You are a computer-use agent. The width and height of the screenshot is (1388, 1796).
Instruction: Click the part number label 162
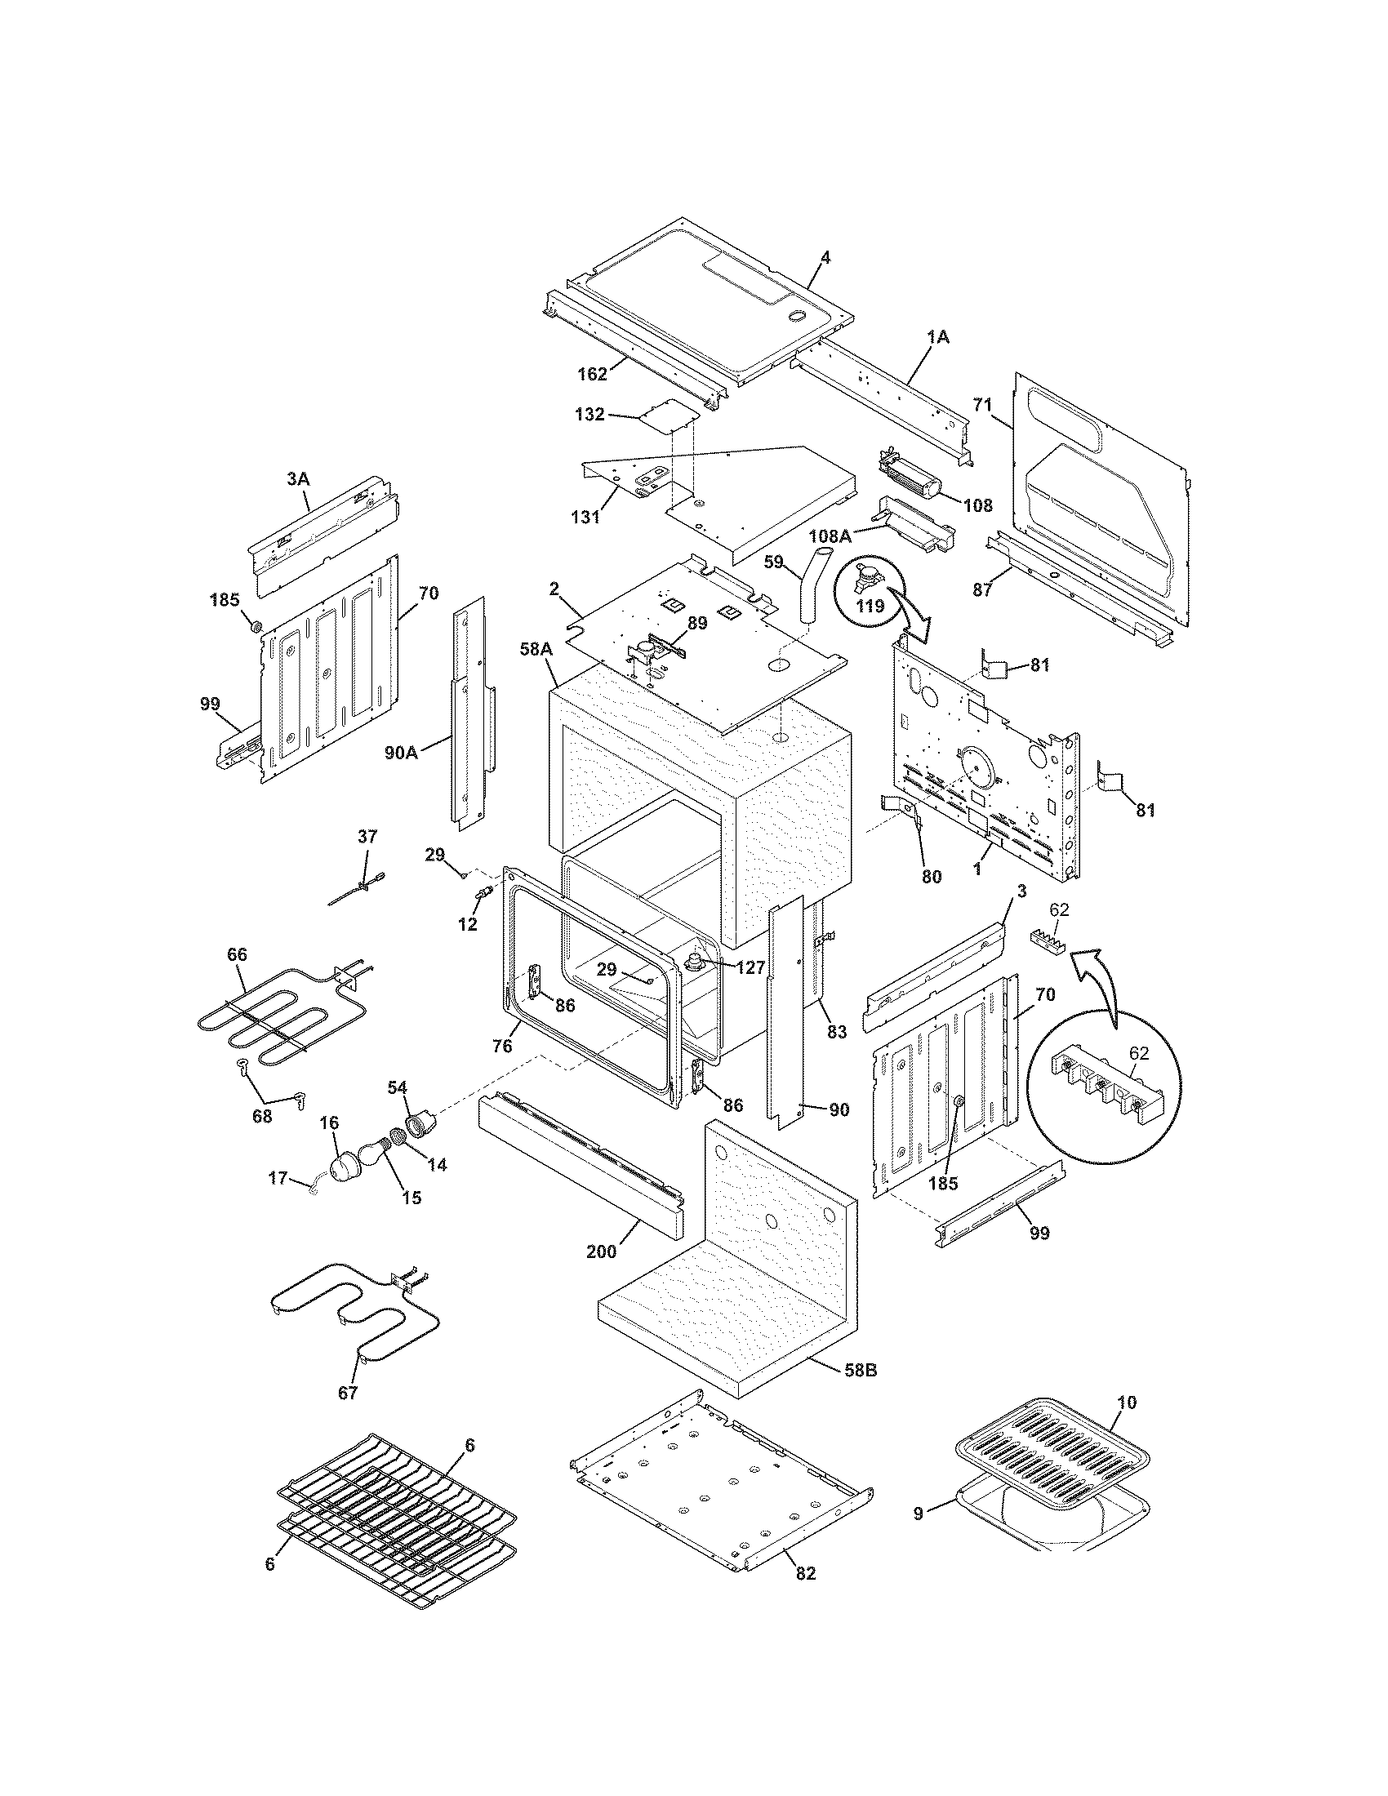591,374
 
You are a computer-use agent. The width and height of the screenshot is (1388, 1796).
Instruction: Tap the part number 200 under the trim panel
601,1252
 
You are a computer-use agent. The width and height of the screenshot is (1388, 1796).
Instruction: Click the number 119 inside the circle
871,606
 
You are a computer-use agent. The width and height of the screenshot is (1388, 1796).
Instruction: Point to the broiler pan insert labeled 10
1052,1468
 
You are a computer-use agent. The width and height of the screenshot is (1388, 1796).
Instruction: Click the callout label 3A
298,478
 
